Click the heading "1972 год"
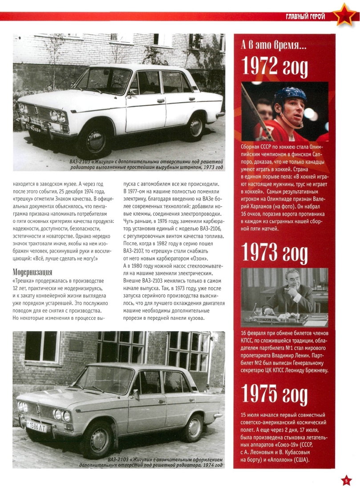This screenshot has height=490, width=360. click(274, 67)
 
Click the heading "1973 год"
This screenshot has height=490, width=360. click(274, 253)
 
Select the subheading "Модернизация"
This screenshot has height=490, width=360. click(33, 272)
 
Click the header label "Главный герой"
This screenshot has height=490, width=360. click(305, 17)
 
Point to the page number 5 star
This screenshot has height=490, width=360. click(347, 480)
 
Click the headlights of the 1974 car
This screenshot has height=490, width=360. click(62, 416)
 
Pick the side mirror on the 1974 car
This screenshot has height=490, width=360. click(134, 394)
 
